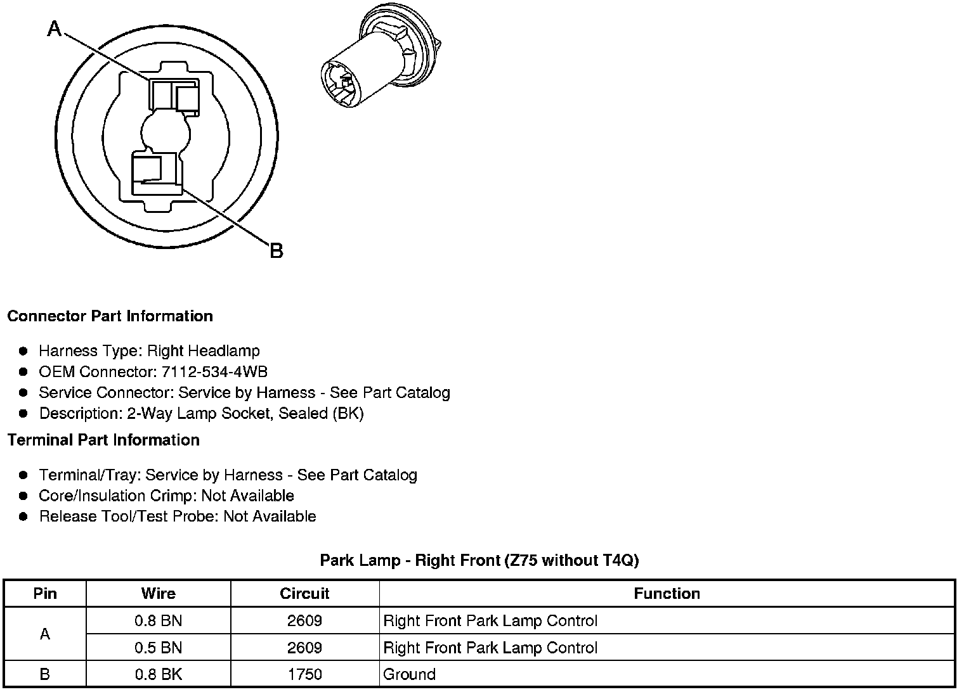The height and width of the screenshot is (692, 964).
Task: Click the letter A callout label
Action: click(x=55, y=29)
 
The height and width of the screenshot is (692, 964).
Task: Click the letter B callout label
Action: click(x=276, y=251)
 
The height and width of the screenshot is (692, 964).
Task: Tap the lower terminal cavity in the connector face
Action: click(x=155, y=172)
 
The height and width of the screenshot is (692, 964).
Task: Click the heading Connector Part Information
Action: click(x=110, y=316)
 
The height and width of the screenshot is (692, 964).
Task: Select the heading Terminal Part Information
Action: click(x=103, y=440)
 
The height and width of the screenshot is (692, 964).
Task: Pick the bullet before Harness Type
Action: click(x=23, y=351)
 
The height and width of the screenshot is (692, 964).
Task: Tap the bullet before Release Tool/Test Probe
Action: click(x=23, y=516)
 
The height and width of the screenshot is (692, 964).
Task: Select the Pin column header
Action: click(x=45, y=594)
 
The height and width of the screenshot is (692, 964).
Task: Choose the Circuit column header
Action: click(x=304, y=594)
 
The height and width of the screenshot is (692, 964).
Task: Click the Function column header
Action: click(x=667, y=594)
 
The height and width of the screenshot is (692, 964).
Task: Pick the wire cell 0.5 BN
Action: click(x=158, y=648)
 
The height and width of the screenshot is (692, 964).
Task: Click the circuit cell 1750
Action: click(x=304, y=674)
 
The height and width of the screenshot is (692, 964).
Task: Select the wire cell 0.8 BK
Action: click(x=158, y=674)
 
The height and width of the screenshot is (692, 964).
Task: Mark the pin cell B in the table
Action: click(x=45, y=674)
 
